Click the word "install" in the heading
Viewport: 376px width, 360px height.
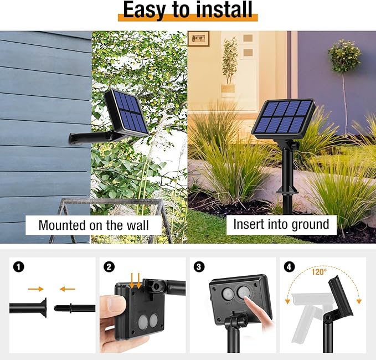coord(224,9)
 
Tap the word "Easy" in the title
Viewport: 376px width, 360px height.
coord(144,11)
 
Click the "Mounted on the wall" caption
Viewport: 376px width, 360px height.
coord(94,225)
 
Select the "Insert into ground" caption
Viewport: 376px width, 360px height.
coord(281,224)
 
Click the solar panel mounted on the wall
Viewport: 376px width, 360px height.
coord(127,112)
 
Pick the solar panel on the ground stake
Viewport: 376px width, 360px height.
coord(283,119)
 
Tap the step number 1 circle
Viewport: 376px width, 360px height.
coord(19,267)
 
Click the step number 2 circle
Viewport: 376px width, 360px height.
coord(109,267)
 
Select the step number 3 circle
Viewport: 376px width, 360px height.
coord(199,267)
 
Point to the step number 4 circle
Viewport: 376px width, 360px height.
coord(289,267)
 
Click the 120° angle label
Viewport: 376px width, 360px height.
coord(319,272)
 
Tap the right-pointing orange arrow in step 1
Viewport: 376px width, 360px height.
coord(36,289)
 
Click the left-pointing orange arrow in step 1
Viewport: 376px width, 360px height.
coord(68,289)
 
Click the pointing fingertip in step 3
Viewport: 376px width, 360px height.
coord(246,299)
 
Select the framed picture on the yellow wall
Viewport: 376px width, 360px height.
coord(198,38)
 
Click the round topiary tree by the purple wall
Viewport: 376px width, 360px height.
coord(344,56)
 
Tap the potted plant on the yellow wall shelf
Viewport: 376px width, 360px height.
coord(229,67)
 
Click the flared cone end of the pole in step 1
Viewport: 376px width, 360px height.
coord(43,308)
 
